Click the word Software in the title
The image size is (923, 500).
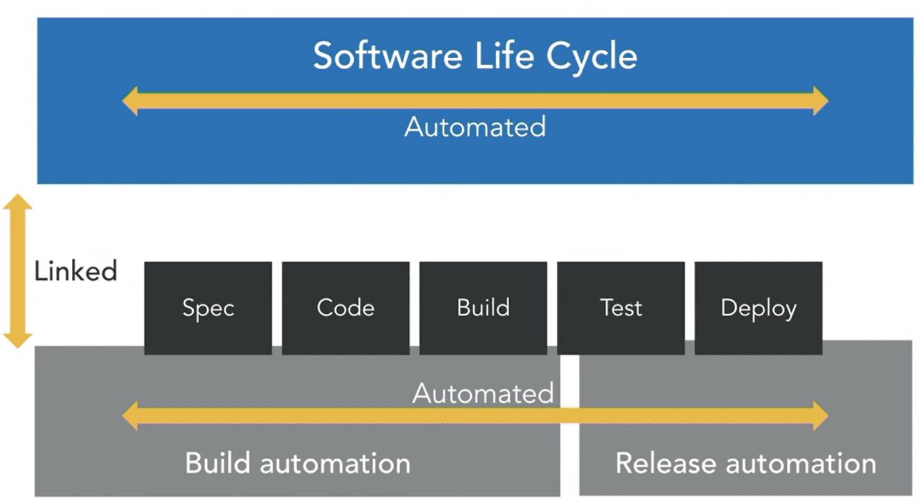[388, 56]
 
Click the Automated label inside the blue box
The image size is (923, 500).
[475, 127]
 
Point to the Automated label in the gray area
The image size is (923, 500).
[483, 393]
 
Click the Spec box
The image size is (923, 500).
[208, 308]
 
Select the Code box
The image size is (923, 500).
[345, 308]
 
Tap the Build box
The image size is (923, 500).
[484, 308]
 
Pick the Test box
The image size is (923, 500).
[621, 308]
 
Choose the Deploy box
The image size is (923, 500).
[759, 308]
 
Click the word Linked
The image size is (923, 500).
[76, 271]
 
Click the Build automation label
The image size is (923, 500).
[298, 463]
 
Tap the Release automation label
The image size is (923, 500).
[746, 463]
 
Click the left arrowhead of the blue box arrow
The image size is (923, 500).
[130, 101]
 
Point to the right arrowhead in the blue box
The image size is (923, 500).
[821, 101]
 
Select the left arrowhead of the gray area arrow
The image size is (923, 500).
[130, 416]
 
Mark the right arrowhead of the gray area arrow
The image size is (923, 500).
[821, 416]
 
